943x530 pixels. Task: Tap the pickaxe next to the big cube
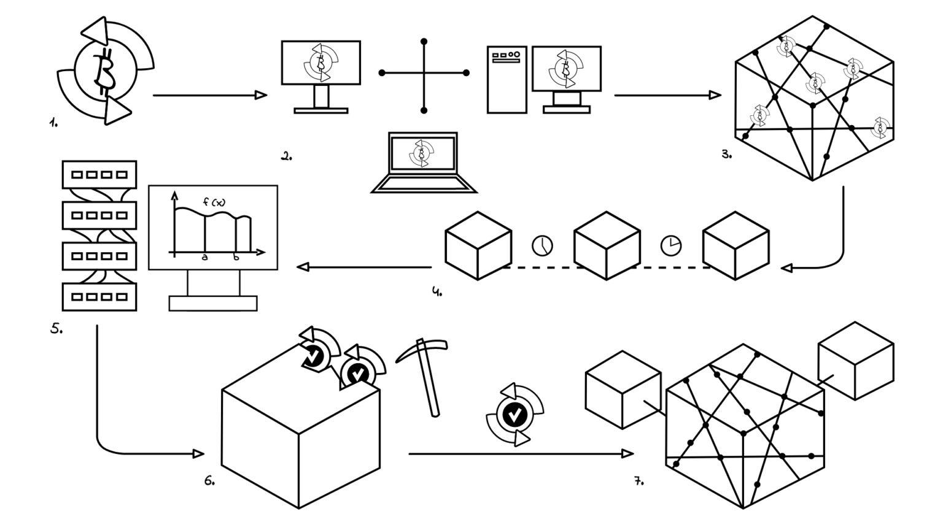tap(424, 374)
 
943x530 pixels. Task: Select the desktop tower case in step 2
tap(506, 79)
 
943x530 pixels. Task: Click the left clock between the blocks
tap(542, 245)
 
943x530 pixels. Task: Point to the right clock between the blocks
tap(670, 245)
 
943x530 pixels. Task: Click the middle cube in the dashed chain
tap(607, 245)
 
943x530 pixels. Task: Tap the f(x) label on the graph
tap(214, 202)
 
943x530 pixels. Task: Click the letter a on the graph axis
tap(205, 258)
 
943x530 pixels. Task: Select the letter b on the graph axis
tap(237, 258)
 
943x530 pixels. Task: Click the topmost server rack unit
tap(99, 175)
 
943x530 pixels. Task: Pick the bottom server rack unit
tap(99, 297)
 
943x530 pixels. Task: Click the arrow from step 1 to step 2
tap(209, 95)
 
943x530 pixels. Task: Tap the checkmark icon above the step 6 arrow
tap(514, 415)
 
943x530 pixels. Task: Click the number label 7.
tap(638, 481)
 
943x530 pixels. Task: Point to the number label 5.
tap(56, 329)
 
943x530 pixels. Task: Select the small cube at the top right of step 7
tap(856, 361)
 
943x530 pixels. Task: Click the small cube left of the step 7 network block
tap(623, 390)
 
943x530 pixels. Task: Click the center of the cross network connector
tap(424, 73)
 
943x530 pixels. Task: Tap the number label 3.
tap(726, 155)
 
